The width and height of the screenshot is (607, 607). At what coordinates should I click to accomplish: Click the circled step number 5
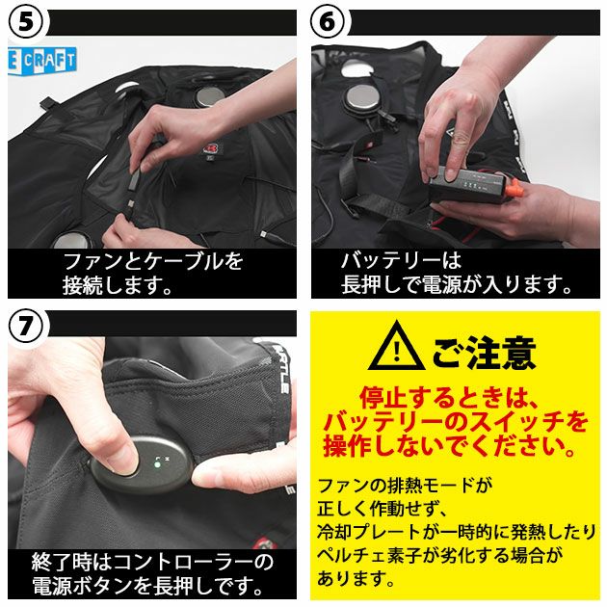tap(26, 23)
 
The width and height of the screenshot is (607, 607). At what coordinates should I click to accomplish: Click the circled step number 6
tap(329, 23)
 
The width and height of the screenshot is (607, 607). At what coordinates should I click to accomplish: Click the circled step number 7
tap(26, 326)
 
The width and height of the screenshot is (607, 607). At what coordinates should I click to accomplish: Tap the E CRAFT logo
tap(41, 61)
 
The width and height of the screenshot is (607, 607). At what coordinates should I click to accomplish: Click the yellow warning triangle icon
tap(396, 347)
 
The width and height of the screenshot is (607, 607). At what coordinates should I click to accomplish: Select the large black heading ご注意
tap(484, 353)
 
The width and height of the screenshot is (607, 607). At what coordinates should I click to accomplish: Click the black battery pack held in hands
tap(466, 184)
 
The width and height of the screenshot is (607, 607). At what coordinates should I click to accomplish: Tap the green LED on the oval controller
tap(157, 464)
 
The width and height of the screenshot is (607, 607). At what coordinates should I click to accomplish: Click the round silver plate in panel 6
tap(363, 98)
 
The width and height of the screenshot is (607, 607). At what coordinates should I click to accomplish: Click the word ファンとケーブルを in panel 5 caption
tap(153, 261)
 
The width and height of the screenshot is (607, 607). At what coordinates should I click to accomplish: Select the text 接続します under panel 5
tap(118, 286)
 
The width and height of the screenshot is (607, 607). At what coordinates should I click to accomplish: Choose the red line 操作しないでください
tap(449, 445)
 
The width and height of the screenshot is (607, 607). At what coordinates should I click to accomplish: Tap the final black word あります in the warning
tap(356, 579)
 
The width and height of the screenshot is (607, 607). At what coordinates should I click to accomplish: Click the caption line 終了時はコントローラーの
tap(152, 563)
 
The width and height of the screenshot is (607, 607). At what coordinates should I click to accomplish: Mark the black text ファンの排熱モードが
tap(405, 486)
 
